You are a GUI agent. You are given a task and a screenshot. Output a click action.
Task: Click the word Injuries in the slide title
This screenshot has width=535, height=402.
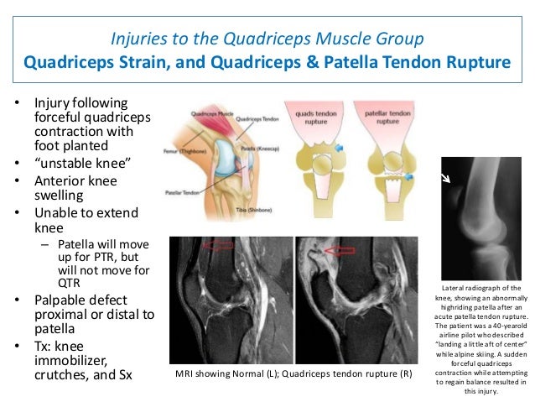137,39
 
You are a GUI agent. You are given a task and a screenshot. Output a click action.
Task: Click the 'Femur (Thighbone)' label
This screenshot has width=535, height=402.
182,149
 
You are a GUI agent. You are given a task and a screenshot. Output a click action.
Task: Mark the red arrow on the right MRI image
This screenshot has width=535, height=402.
340,250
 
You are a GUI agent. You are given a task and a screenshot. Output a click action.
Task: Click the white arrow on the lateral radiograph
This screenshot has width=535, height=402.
447,178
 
